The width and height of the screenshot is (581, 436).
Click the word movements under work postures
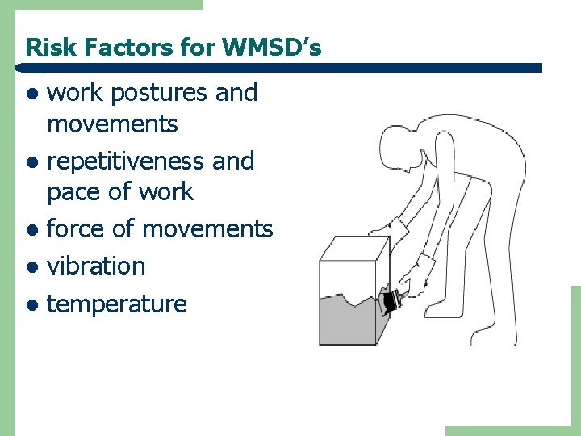112,124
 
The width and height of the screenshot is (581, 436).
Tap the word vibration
96,266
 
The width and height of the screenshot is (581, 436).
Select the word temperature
117,304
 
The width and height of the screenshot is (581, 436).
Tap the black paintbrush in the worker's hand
393,302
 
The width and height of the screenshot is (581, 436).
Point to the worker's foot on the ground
494,337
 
